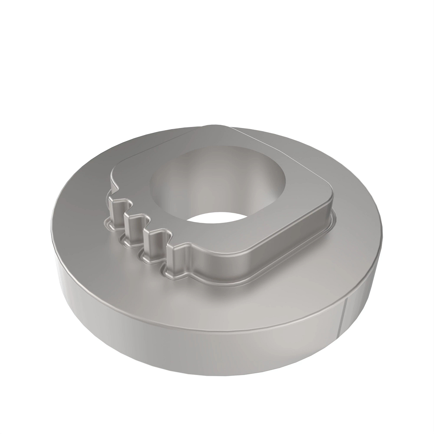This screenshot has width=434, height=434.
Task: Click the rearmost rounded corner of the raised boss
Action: (x=217, y=129)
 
